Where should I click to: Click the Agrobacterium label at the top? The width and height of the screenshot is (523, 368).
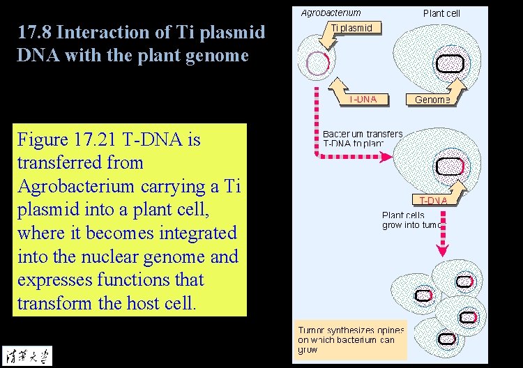[331, 13]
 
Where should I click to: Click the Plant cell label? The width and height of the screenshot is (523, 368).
[441, 13]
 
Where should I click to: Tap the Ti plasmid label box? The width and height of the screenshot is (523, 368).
[356, 29]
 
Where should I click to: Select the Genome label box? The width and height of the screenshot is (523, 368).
[432, 100]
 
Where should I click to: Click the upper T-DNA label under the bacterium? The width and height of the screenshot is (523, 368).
[363, 99]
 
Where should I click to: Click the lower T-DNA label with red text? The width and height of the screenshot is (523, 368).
[433, 201]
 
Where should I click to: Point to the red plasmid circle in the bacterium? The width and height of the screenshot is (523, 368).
[318, 63]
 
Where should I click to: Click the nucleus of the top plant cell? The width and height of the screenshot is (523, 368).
[450, 63]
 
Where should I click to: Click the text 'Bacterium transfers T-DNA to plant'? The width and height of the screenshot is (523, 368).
[363, 138]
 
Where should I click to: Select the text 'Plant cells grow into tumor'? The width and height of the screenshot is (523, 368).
[412, 220]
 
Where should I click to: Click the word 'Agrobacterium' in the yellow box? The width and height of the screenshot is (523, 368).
[75, 186]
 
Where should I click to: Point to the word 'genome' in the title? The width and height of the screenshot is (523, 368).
[213, 56]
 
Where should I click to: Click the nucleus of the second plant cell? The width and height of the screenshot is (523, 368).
[450, 167]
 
